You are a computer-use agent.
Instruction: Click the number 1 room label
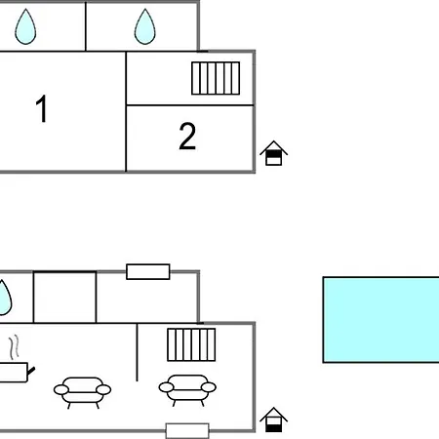(x=42, y=108)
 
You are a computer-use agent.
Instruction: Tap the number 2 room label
(x=187, y=136)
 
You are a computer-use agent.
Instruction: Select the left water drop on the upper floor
(x=25, y=26)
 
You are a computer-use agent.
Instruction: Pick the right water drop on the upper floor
(x=144, y=26)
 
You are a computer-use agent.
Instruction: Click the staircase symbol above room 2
(x=216, y=78)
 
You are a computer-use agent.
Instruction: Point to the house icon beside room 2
(x=273, y=153)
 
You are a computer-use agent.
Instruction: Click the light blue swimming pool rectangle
(x=380, y=320)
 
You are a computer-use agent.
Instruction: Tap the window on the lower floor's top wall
(x=148, y=272)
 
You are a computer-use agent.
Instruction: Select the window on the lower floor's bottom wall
(x=187, y=431)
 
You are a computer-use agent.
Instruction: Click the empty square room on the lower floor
(x=64, y=298)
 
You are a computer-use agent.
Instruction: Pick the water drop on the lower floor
(x=5, y=298)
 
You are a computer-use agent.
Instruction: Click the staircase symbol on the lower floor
(x=191, y=344)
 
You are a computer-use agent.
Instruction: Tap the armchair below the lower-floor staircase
(x=187, y=389)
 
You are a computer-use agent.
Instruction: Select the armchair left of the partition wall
(x=82, y=392)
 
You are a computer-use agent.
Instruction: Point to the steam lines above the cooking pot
(x=14, y=348)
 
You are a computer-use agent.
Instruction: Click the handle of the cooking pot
(x=31, y=371)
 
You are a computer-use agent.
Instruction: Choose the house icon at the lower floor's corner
(x=273, y=419)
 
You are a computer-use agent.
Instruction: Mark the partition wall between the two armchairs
(x=137, y=352)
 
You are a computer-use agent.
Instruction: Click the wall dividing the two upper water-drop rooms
(x=86, y=26)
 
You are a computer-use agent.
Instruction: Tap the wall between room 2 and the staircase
(x=190, y=105)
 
